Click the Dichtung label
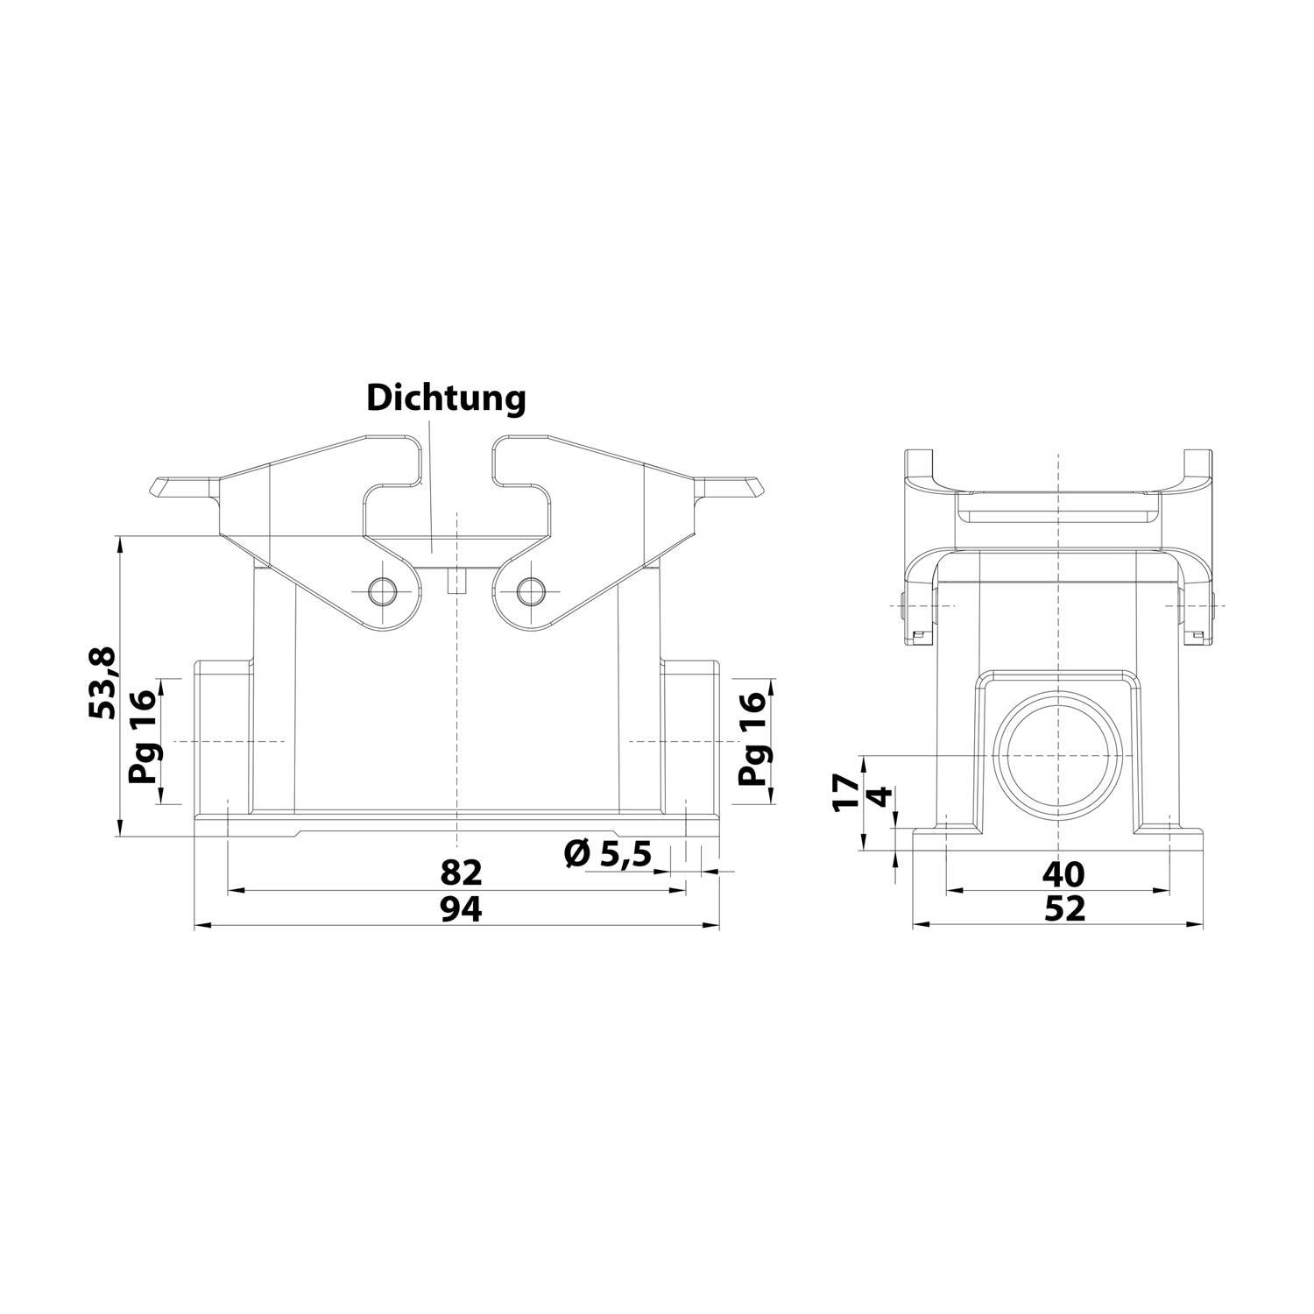tap(446, 398)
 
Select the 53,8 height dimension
tap(102, 684)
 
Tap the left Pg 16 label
tap(142, 737)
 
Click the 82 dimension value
tap(461, 872)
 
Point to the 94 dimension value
tap(461, 910)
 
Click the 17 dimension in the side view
tap(845, 792)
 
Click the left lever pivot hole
tap(382, 591)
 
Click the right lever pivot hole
tap(529, 591)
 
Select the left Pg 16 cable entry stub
tap(223, 739)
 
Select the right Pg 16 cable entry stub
tap(690, 739)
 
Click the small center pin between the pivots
tap(456, 581)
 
